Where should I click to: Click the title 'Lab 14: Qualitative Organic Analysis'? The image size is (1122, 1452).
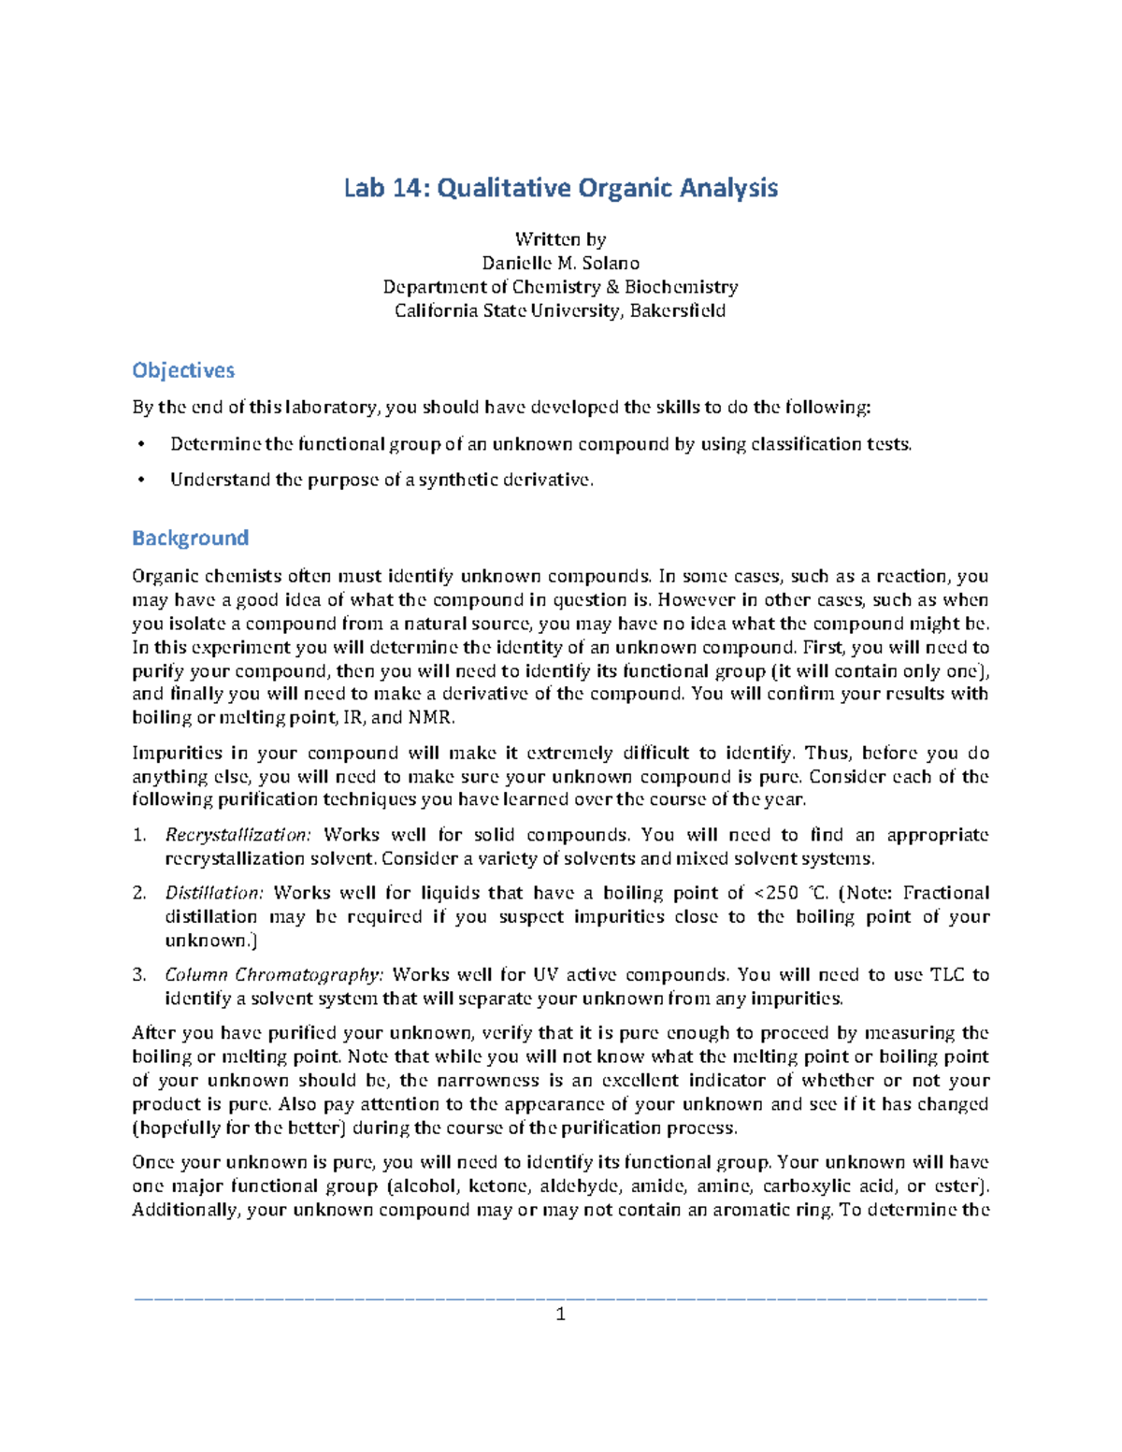[560, 189]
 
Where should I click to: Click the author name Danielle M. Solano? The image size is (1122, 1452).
[560, 264]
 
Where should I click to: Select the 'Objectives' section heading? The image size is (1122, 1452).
[183, 370]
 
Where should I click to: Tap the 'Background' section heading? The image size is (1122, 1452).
[190, 539]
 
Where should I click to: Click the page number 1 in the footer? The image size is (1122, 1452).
[560, 1315]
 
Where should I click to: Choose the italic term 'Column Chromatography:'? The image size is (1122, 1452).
[274, 974]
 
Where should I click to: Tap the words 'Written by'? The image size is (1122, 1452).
[560, 240]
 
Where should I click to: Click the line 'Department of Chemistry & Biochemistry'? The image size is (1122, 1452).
[560, 287]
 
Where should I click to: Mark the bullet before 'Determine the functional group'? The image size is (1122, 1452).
[141, 445]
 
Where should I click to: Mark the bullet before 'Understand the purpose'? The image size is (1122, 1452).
[141, 481]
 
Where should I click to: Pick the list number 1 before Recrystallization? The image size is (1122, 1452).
[138, 835]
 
